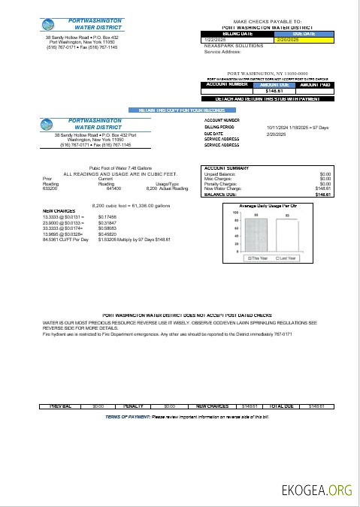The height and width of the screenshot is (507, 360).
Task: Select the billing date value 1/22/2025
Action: tap(214, 39)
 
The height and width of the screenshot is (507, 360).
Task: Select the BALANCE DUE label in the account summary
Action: tap(219, 194)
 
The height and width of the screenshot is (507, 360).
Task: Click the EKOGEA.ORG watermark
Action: tap(316, 490)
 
